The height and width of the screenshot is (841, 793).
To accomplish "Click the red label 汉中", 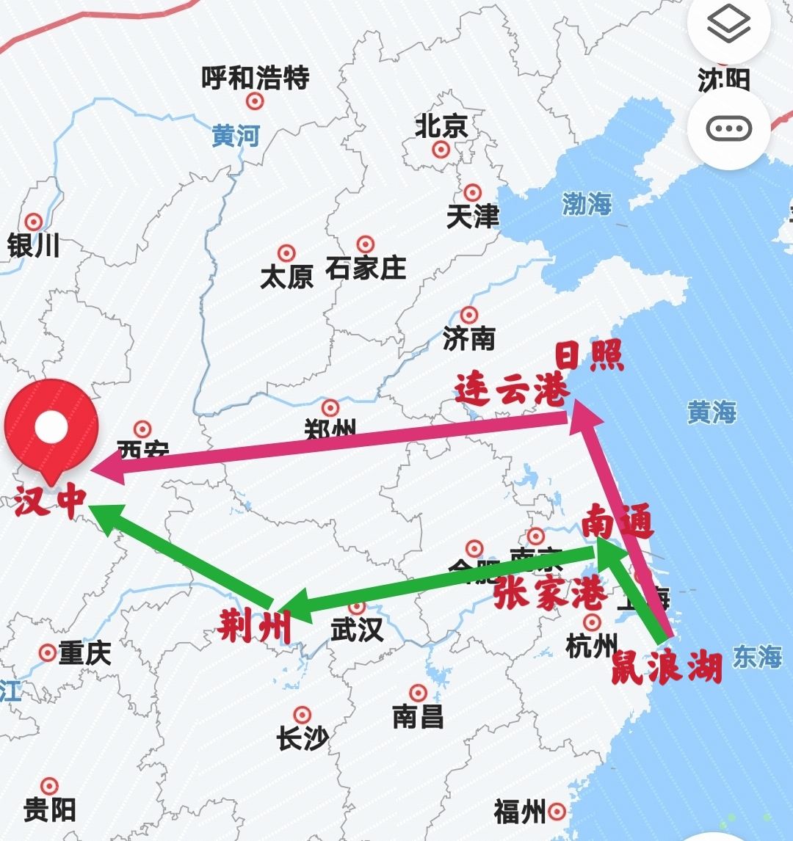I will tap(50, 502).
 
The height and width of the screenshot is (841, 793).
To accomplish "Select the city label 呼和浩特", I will tap(256, 78).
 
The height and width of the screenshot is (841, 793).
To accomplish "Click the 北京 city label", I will tap(441, 126).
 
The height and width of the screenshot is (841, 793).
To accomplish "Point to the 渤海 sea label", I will tap(587, 204).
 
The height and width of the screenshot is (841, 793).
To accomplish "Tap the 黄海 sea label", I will tap(711, 412).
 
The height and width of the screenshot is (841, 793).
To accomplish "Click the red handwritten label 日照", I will tap(589, 357).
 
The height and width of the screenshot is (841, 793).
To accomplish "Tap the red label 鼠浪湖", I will tap(667, 666).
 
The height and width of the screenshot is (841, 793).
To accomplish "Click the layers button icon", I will tap(728, 26).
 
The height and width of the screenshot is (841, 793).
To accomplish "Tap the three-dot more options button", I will tap(728, 129).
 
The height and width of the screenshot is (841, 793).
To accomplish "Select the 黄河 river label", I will tap(236, 136).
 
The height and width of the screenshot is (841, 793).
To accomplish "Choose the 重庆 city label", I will tap(84, 652).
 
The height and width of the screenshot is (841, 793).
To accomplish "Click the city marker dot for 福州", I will tap(557, 812).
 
